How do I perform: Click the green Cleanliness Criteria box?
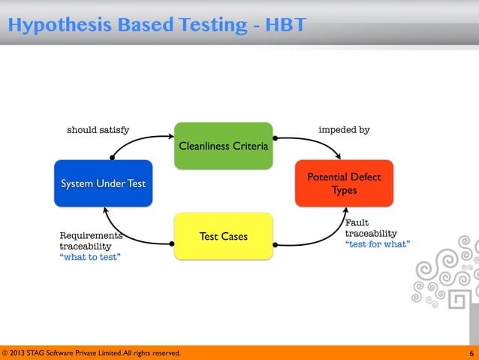[x=223, y=145]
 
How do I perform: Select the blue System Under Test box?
[x=103, y=183]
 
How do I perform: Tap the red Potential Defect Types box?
[x=344, y=183]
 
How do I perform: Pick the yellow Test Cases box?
[x=223, y=236]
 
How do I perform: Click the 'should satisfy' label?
[x=98, y=130]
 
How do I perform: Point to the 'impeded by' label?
[x=344, y=130]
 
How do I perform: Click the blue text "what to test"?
[x=90, y=257]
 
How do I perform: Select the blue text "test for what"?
[x=377, y=244]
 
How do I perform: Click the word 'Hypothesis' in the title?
[x=54, y=26]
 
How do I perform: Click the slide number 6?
[x=471, y=352]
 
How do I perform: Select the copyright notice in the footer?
[x=91, y=352]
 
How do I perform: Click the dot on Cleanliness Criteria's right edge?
[x=275, y=138]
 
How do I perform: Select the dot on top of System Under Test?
[x=113, y=158]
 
